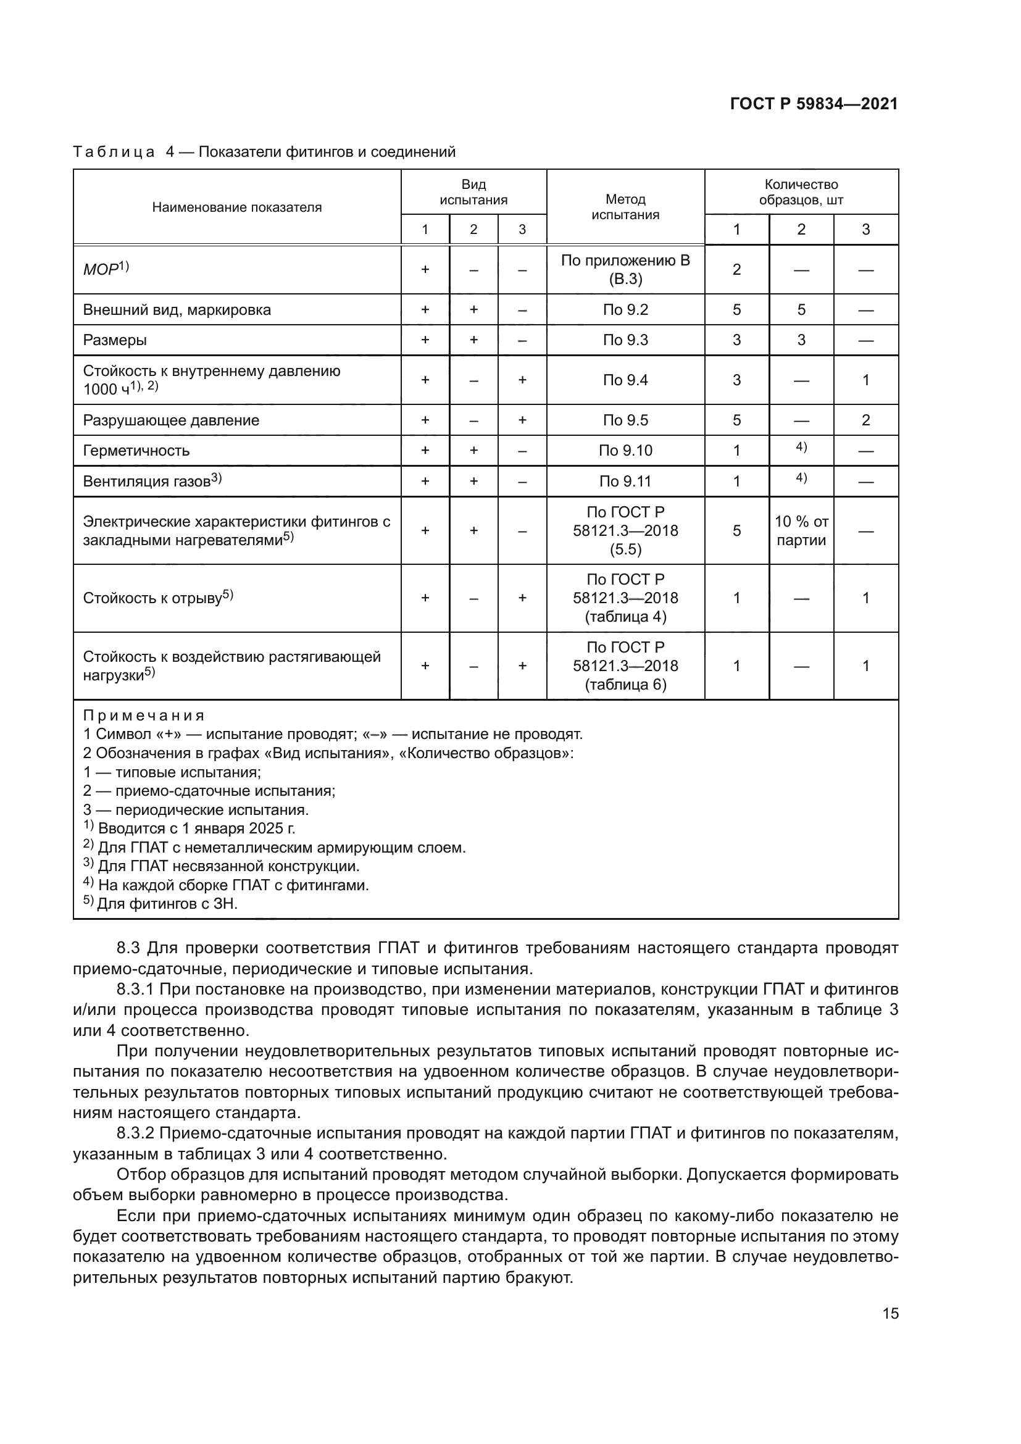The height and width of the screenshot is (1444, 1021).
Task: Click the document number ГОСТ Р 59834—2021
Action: tap(814, 104)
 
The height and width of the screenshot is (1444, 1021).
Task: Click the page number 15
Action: tap(890, 1313)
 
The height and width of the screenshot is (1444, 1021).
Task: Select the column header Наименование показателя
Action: tap(236, 207)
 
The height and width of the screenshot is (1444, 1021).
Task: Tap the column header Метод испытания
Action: tap(625, 207)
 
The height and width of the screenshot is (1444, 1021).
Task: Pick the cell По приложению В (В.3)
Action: tap(625, 270)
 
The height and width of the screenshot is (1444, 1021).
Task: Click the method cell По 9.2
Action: tap(625, 309)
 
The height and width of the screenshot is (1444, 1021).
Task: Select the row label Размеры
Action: tap(115, 340)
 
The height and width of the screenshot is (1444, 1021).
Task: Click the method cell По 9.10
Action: tap(625, 450)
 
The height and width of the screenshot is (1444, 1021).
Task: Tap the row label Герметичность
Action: tap(136, 450)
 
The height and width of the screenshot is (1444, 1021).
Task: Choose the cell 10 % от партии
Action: tap(801, 531)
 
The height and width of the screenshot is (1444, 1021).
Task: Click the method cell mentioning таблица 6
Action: tap(625, 666)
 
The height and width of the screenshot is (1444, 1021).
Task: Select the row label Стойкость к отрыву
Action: tap(152, 598)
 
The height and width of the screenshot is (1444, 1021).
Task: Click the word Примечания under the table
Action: tap(144, 716)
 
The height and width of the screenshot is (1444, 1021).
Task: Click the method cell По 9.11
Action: tap(625, 481)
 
